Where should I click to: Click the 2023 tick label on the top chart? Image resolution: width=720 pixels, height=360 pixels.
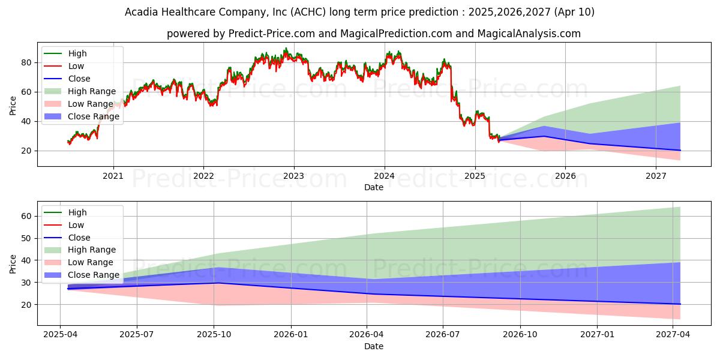coord(293,176)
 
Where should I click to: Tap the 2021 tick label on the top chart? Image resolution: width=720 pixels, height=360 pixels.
coord(113,176)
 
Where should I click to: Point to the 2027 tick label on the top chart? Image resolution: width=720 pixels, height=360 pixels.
coord(656,176)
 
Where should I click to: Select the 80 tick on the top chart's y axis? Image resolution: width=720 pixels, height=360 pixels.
coord(26,62)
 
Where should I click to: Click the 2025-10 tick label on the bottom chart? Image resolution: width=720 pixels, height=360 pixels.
coord(214,335)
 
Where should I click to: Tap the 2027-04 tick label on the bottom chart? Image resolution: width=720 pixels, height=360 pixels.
coord(673,335)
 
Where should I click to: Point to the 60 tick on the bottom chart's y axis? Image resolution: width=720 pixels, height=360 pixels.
coord(26,216)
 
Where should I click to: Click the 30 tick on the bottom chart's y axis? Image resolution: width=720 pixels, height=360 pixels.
coord(26,283)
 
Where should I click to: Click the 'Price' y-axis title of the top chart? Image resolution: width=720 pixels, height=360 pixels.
coord(13,105)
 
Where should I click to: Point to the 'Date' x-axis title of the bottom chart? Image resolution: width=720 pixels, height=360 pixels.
coord(373,346)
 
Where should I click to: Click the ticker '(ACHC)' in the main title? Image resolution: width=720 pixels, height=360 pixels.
coord(295,12)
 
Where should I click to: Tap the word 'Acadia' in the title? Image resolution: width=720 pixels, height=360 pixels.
coord(140,12)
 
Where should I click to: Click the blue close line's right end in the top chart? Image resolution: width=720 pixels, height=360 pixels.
coord(680,150)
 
